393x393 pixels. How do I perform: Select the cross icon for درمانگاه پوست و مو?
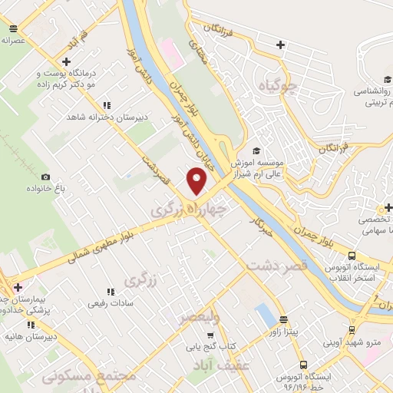pyautogui.click(x=68, y=61)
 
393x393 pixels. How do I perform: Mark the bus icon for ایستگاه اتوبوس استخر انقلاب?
pyautogui.click(x=352, y=256)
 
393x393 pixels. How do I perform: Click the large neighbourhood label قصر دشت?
pyautogui.click(x=277, y=266)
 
